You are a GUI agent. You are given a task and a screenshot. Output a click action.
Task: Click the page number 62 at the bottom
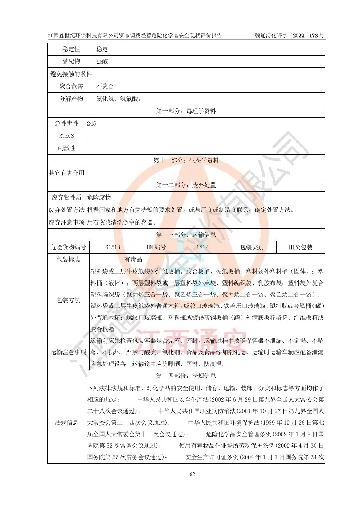pyautogui.click(x=192, y=474)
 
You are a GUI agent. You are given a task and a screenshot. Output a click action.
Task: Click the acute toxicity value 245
pyautogui.click(x=91, y=123)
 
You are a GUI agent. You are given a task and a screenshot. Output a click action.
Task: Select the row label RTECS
pyautogui.click(x=66, y=136)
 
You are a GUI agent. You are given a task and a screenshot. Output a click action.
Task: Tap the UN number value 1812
pyautogui.click(x=202, y=247)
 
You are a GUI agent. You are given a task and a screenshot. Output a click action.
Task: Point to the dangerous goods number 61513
pyautogui.click(x=112, y=247)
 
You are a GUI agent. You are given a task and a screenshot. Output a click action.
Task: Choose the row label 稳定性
pyautogui.click(x=71, y=49)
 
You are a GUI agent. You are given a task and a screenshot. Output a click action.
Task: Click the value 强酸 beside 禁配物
pyautogui.click(x=103, y=61)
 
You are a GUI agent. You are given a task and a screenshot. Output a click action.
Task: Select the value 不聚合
pyautogui.click(x=105, y=86)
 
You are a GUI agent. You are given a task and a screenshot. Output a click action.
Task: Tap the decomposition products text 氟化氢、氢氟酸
pyautogui.click(x=119, y=99)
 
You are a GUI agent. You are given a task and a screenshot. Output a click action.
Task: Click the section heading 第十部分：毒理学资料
pyautogui.click(x=186, y=111)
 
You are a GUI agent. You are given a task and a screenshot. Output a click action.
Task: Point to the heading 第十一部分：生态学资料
pyautogui.click(x=186, y=160)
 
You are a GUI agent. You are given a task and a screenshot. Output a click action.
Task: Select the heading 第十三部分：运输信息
pyautogui.click(x=186, y=235)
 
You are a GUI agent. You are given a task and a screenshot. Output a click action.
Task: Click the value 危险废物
pyautogui.click(x=99, y=197)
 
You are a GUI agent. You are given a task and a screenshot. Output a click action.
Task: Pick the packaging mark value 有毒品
pyautogui.click(x=133, y=259)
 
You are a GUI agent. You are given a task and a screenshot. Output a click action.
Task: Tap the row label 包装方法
pyautogui.click(x=68, y=300)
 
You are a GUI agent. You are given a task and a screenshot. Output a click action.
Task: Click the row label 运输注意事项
pyautogui.click(x=68, y=352)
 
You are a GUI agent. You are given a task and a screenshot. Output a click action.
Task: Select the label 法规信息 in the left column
pyautogui.click(x=67, y=423)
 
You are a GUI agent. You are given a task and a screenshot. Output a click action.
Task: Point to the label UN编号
pyautogui.click(x=156, y=247)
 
